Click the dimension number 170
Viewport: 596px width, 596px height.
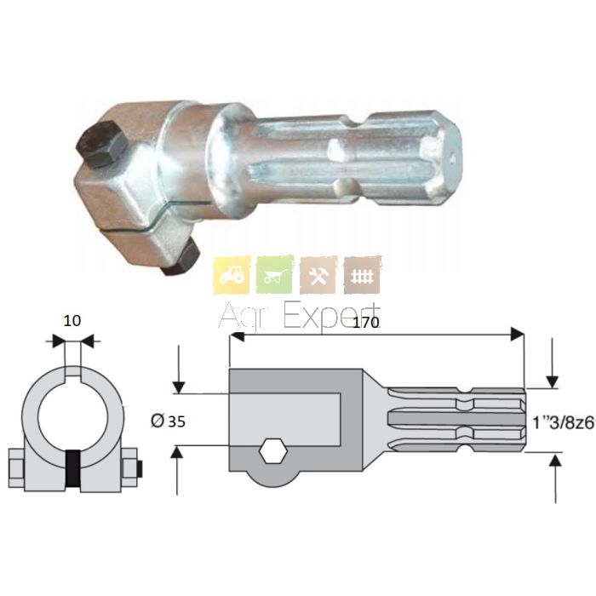[365, 323]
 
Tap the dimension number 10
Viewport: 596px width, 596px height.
[72, 320]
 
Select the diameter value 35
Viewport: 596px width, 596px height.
[176, 421]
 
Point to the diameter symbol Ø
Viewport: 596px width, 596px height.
[158, 421]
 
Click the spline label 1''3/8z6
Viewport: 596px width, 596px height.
[563, 422]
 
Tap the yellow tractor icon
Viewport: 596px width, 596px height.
[232, 275]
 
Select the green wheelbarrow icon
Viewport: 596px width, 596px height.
[275, 275]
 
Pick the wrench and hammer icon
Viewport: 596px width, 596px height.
[318, 275]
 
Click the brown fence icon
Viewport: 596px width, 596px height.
[362, 275]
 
